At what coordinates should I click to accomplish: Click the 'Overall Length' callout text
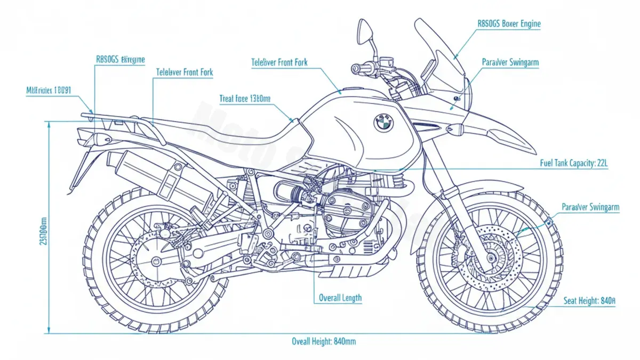tap(340, 298)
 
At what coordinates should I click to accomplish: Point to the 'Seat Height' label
tap(589, 301)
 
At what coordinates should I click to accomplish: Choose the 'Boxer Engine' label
tap(509, 24)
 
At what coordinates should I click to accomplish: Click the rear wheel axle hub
tap(156, 261)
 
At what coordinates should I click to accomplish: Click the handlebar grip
tap(363, 68)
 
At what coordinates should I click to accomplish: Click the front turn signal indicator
tap(456, 129)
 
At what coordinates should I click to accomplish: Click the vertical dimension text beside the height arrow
tap(43, 229)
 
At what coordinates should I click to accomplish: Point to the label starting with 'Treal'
tap(245, 99)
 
